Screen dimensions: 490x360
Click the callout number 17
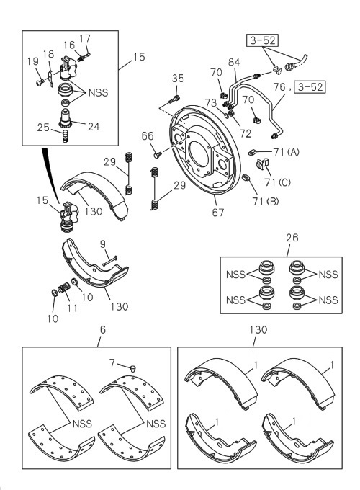click(85, 38)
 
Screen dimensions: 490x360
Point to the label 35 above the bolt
click(178, 78)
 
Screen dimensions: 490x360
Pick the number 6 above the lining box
click(102, 329)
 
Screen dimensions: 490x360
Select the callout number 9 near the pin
click(103, 244)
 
